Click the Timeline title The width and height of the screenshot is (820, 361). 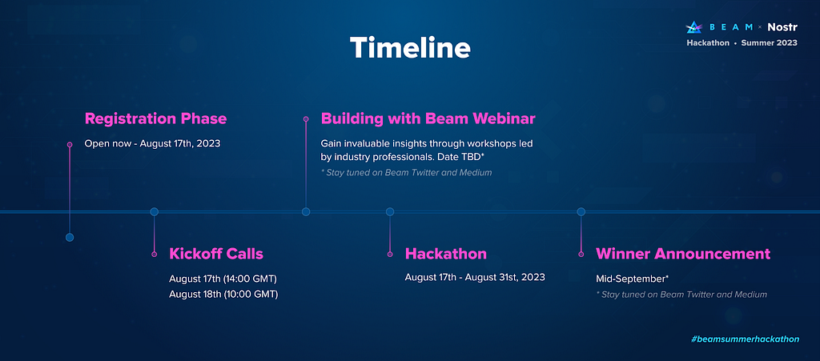click(x=410, y=47)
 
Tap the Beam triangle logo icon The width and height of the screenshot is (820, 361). click(x=694, y=27)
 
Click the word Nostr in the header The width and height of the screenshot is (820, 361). click(x=782, y=27)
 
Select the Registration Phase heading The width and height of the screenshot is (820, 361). click(x=156, y=119)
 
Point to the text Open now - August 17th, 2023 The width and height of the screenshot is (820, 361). click(x=153, y=143)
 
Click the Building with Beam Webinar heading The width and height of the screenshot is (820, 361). click(x=428, y=119)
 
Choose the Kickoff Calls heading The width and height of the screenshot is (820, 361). click(x=216, y=254)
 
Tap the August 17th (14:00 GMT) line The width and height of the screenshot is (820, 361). click(x=223, y=278)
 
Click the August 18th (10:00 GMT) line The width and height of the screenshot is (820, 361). click(x=223, y=294)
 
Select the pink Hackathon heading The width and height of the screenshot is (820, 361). click(x=446, y=254)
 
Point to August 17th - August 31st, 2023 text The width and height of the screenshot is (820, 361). click(x=475, y=277)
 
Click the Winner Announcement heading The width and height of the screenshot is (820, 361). click(x=683, y=254)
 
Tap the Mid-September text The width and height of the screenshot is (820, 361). click(x=633, y=279)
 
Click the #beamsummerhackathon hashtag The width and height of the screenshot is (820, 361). click(x=746, y=339)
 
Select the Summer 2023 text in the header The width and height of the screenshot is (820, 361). click(x=770, y=43)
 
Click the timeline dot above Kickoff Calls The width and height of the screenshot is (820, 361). click(x=155, y=211)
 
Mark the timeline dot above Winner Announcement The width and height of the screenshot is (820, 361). click(x=581, y=211)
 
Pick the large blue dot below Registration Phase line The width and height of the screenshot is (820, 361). click(x=70, y=237)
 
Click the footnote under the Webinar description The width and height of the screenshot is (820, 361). click(x=406, y=172)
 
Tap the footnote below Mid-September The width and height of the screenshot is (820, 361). click(x=681, y=295)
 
